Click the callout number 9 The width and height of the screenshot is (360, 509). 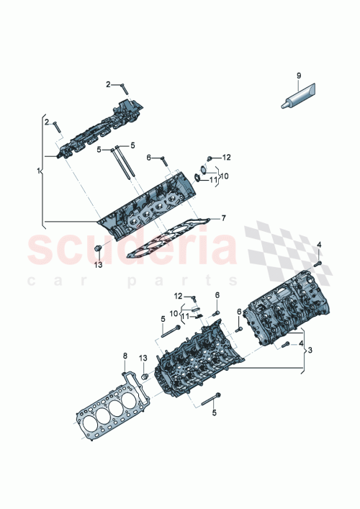(x=298, y=75)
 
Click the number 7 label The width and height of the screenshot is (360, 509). (x=224, y=217)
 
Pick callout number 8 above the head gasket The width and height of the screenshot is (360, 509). (x=125, y=356)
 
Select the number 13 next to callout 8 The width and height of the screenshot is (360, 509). (x=143, y=358)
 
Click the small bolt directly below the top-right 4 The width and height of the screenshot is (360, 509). (x=317, y=263)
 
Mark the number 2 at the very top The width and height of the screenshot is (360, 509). (x=109, y=85)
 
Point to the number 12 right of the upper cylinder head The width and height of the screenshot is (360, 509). (x=225, y=157)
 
